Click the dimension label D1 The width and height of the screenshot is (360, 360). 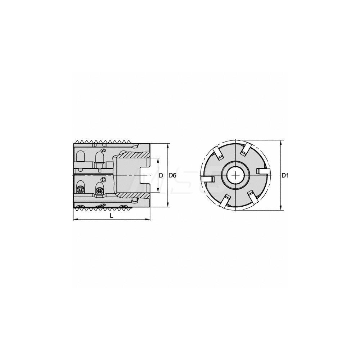[x=285, y=175]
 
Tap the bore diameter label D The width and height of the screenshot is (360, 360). [x=161, y=175]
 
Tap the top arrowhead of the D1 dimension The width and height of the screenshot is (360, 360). [x=281, y=141]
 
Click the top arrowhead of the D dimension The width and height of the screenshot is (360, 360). [x=158, y=159]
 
